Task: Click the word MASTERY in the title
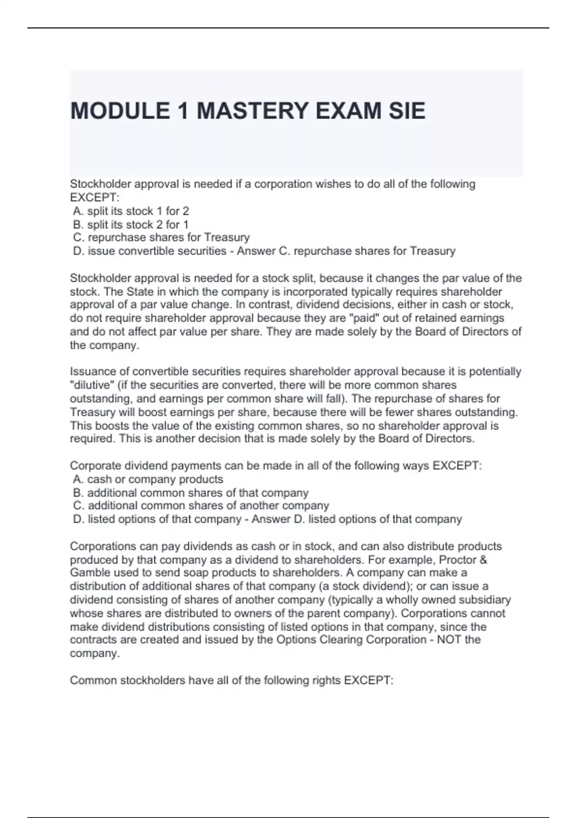pos(252,111)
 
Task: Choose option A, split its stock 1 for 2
pos(131,211)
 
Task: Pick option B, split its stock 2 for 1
pos(131,225)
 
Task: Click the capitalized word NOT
pos(449,640)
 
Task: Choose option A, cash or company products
pos(148,480)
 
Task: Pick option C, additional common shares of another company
pos(201,506)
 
